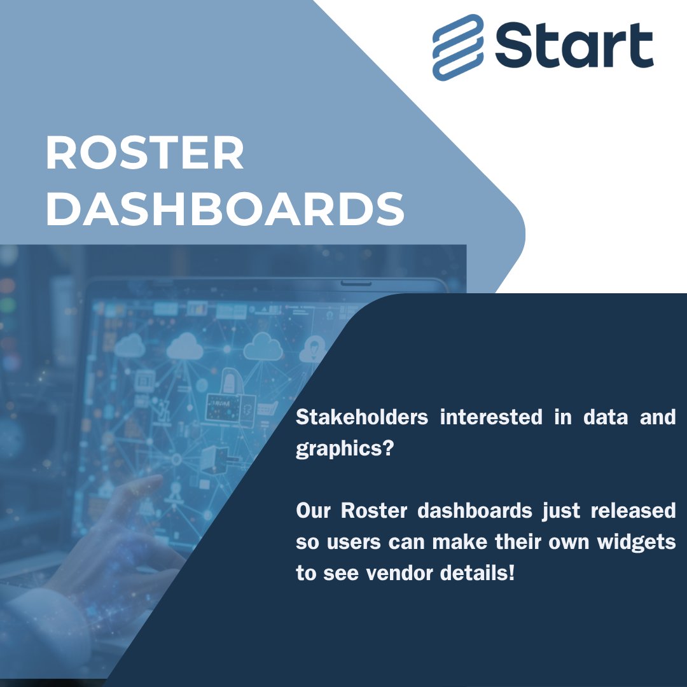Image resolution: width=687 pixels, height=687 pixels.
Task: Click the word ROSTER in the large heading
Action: tap(144, 154)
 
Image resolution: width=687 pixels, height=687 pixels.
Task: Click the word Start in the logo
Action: tap(574, 46)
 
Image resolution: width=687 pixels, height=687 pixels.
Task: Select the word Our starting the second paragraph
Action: tap(312, 511)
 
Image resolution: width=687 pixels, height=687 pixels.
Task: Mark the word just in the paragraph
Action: tap(560, 511)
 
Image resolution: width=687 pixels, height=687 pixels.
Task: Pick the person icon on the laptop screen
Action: tap(312, 348)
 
